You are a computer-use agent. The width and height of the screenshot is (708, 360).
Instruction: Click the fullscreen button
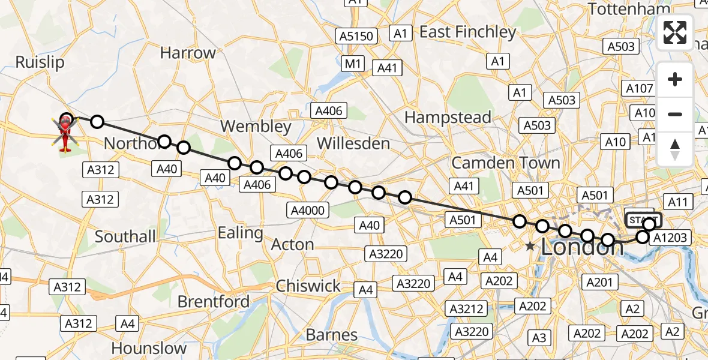pyautogui.click(x=675, y=32)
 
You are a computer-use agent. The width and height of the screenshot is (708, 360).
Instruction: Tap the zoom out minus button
pyautogui.click(x=675, y=114)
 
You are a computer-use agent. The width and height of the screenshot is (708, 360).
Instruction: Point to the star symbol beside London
pyautogui.click(x=530, y=246)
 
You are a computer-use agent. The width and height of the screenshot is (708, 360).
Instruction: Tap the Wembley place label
pyautogui.click(x=256, y=127)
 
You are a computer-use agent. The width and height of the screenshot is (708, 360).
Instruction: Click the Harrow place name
pyautogui.click(x=188, y=53)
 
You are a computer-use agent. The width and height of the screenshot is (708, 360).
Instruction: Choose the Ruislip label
pyautogui.click(x=40, y=62)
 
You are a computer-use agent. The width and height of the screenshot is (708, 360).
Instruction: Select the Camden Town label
pyautogui.click(x=506, y=163)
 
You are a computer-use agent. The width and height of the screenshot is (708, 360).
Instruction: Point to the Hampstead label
pyautogui.click(x=448, y=118)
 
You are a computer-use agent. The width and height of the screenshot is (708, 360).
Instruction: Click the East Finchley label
pyautogui.click(x=467, y=32)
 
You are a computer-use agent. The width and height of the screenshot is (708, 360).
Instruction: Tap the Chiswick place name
pyautogui.click(x=308, y=286)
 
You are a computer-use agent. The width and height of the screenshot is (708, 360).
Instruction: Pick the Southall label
pyautogui.click(x=125, y=236)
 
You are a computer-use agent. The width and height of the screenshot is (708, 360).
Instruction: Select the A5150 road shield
pyautogui.click(x=356, y=37)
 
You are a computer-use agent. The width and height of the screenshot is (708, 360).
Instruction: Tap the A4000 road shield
pyautogui.click(x=308, y=209)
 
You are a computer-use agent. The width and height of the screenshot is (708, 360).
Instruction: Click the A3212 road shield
pyautogui.click(x=466, y=308)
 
